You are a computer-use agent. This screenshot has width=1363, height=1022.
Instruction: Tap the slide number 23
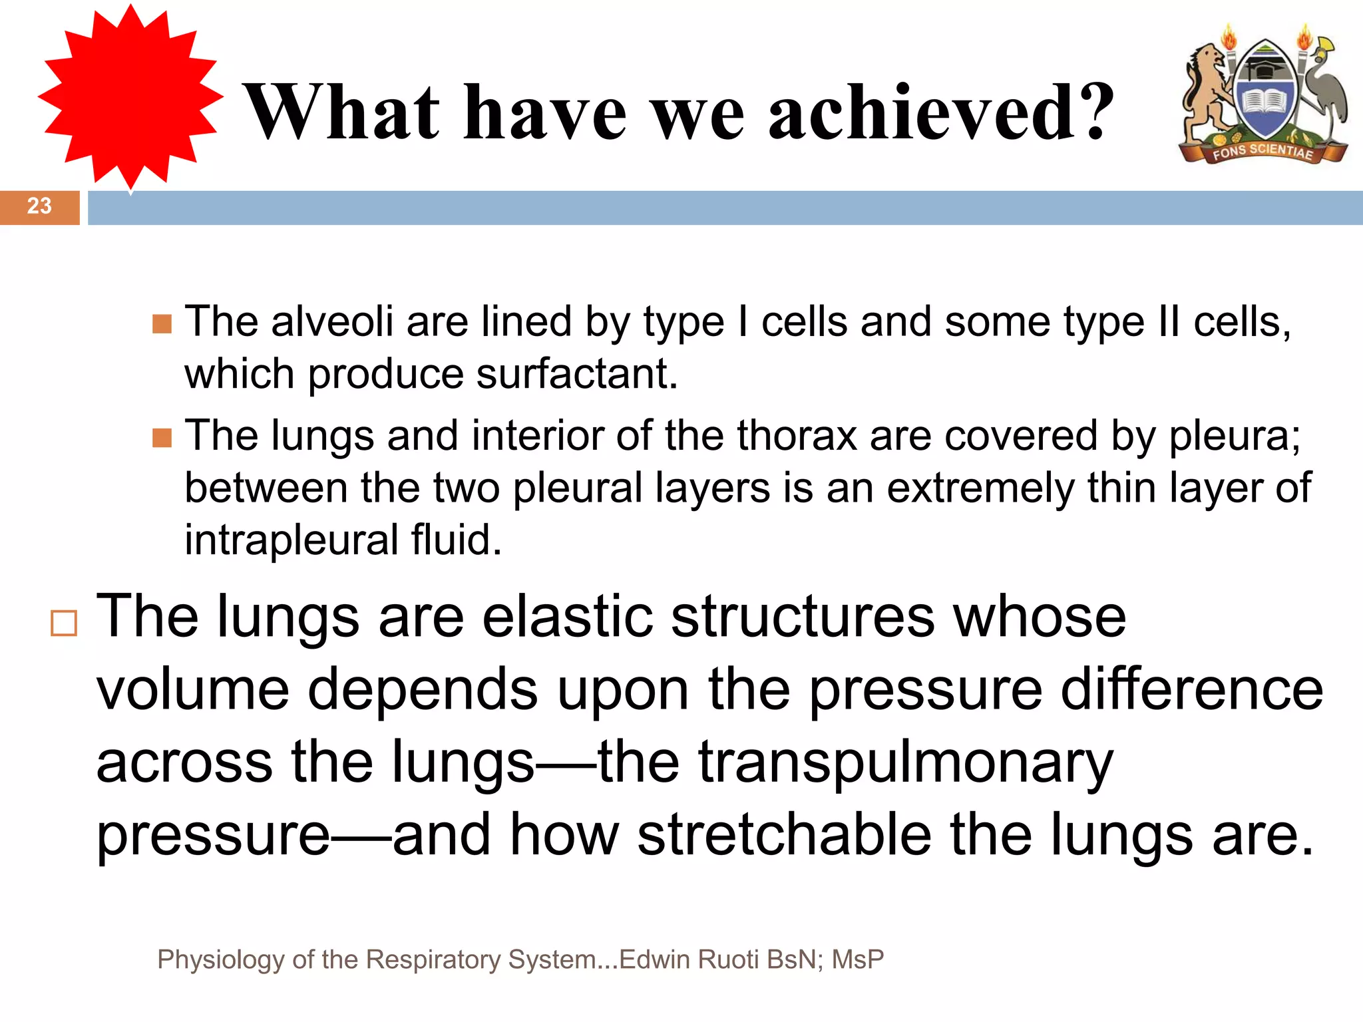(x=39, y=206)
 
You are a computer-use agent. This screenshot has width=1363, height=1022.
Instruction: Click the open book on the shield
(x=1265, y=103)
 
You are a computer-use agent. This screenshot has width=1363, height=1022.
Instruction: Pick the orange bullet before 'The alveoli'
(x=162, y=324)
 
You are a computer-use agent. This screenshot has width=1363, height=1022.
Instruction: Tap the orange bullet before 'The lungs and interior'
(x=162, y=438)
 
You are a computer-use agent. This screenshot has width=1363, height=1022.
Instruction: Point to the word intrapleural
(x=291, y=540)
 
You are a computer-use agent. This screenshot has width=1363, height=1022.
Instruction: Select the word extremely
(x=980, y=488)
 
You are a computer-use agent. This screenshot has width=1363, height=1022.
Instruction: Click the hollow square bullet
(x=64, y=623)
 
